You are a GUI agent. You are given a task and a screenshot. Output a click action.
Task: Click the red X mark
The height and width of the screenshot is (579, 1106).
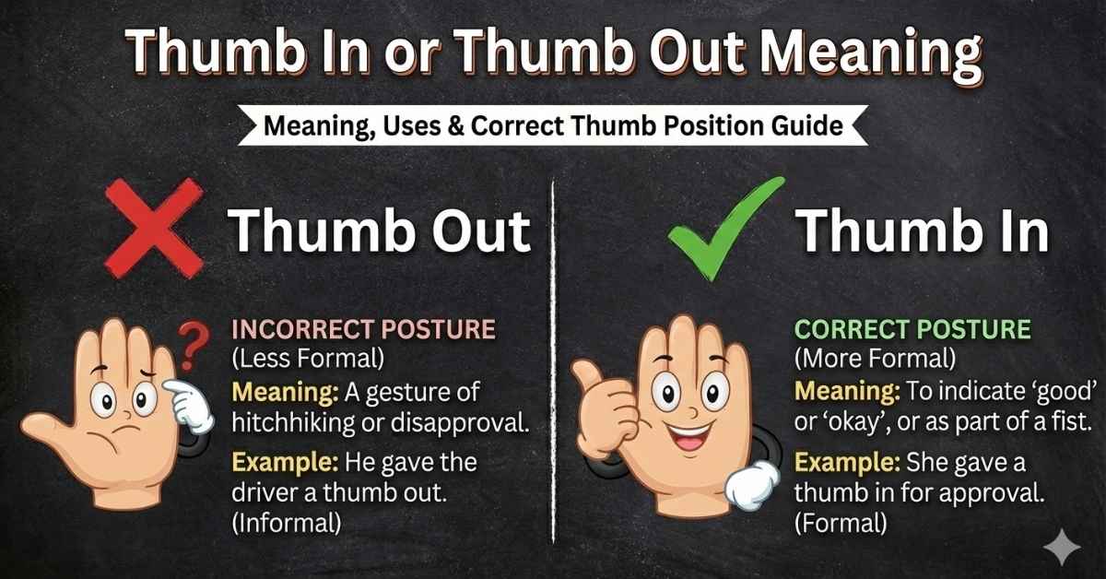point(151,226)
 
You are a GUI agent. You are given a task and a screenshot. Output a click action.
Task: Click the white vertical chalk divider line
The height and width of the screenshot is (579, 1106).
point(553,369)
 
